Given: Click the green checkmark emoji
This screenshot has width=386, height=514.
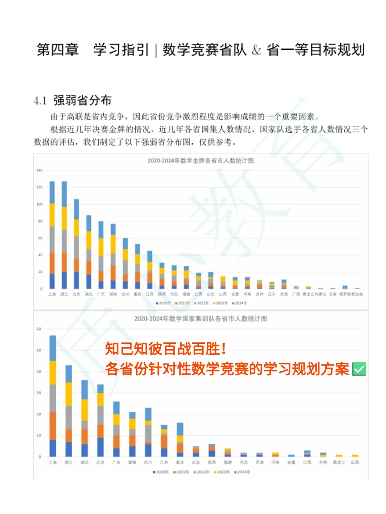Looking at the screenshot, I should point(359,369).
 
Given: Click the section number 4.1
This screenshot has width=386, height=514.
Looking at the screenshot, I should point(40,101).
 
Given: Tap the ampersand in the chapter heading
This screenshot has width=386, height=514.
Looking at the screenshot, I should point(256,50).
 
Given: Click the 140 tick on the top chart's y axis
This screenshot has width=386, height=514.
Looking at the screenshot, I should point(39,170).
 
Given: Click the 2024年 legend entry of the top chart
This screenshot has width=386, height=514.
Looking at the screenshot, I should point(239,303).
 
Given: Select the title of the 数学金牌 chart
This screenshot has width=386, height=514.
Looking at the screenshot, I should point(201,161).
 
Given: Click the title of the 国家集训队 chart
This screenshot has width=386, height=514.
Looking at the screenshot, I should point(201,319).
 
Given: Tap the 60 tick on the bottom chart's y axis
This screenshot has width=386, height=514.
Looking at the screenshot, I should point(39,329).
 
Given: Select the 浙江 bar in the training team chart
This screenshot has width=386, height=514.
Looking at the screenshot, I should point(69,411).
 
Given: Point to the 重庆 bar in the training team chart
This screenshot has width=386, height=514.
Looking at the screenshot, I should point(180,440).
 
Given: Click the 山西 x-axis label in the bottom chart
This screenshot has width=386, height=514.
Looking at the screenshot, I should point(355,462).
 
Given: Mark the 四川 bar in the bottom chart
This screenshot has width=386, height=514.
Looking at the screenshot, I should point(148,432).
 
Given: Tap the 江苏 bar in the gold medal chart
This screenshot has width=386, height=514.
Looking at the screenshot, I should point(150,270).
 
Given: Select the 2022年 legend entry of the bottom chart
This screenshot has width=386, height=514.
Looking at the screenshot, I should point(202,472).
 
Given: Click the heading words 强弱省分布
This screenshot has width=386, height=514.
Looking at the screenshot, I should point(83,101).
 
